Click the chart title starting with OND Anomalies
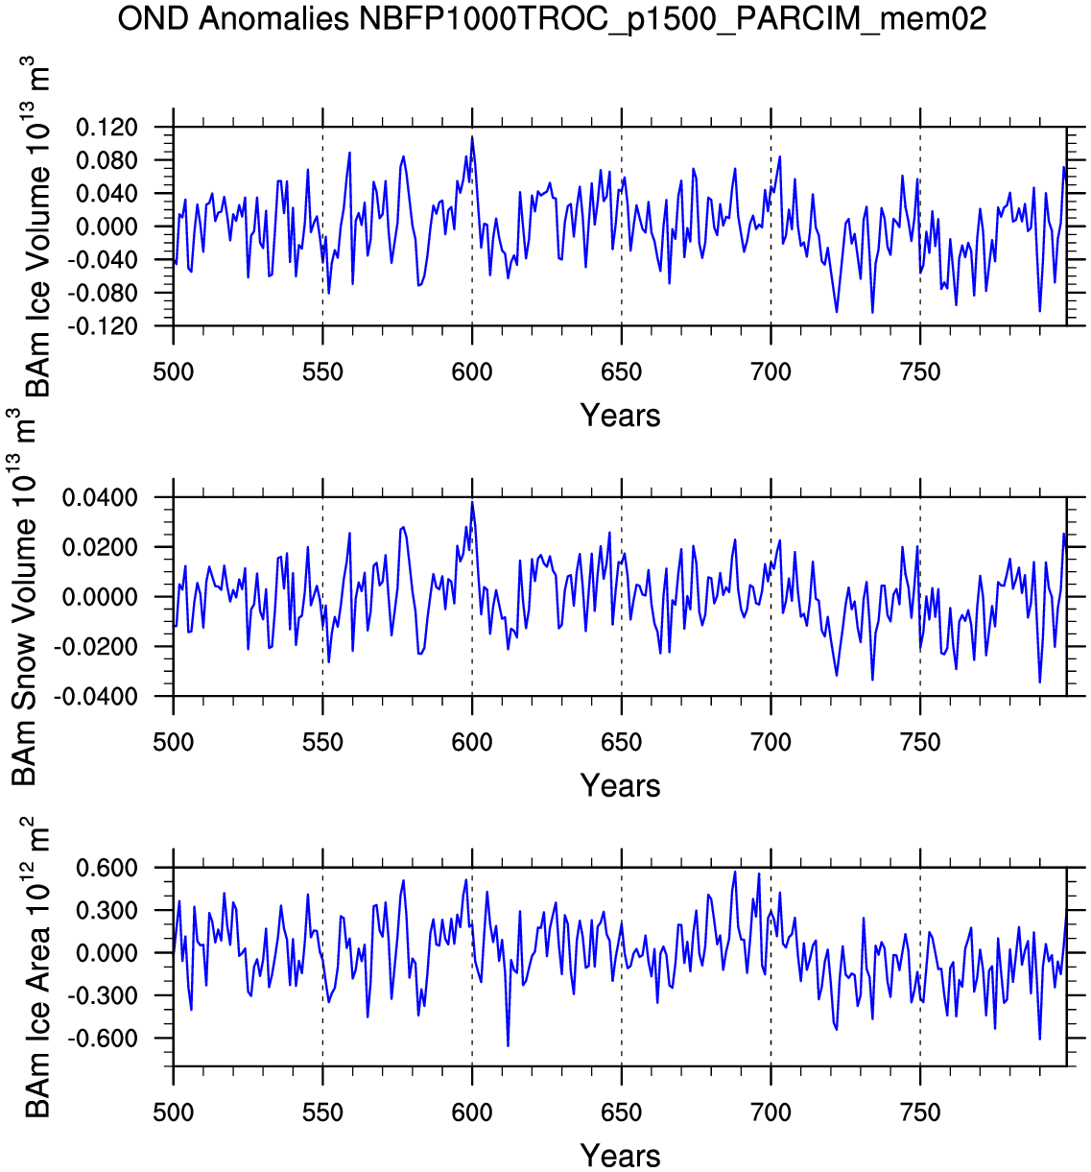pyautogui.click(x=552, y=18)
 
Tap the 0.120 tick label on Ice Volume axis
pyautogui.click(x=107, y=128)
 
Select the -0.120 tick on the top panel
pyautogui.click(x=104, y=326)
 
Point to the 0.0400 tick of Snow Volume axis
pyautogui.click(x=100, y=498)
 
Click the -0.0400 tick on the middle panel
pyautogui.click(x=97, y=697)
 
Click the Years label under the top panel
pyautogui.click(x=620, y=416)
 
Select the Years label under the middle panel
pyautogui.click(x=620, y=786)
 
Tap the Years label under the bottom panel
pyautogui.click(x=620, y=1156)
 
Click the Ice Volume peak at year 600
pyautogui.click(x=472, y=137)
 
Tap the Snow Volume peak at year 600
pyautogui.click(x=472, y=502)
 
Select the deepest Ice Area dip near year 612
pyautogui.click(x=508, y=1045)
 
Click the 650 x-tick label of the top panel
pyautogui.click(x=621, y=372)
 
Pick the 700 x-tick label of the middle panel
pyautogui.click(x=771, y=743)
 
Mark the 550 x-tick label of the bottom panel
pyautogui.click(x=322, y=1113)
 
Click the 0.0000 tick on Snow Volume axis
pyautogui.click(x=100, y=597)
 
